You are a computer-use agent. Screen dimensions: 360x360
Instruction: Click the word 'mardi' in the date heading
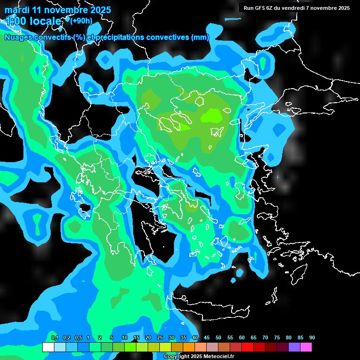click(x=17, y=10)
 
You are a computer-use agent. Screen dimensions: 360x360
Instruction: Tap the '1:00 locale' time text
click(x=33, y=21)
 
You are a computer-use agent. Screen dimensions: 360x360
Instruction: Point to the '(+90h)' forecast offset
click(x=81, y=20)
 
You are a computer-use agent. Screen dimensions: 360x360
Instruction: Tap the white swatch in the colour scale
click(x=48, y=347)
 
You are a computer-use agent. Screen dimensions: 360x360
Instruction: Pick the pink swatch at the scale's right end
click(x=306, y=347)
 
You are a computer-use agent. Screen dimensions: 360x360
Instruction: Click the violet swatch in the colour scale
click(x=294, y=347)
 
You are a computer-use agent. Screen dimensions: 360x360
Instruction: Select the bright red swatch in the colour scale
click(x=247, y=347)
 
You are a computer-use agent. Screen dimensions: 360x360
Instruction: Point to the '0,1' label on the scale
click(x=55, y=338)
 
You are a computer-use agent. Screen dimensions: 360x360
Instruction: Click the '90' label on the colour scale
click(x=312, y=338)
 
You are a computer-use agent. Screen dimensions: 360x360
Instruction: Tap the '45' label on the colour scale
click(x=207, y=338)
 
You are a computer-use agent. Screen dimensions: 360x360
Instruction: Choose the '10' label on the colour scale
click(x=125, y=338)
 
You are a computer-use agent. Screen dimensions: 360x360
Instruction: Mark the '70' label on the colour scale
click(x=265, y=338)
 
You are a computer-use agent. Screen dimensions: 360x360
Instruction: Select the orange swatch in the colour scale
click(x=188, y=347)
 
